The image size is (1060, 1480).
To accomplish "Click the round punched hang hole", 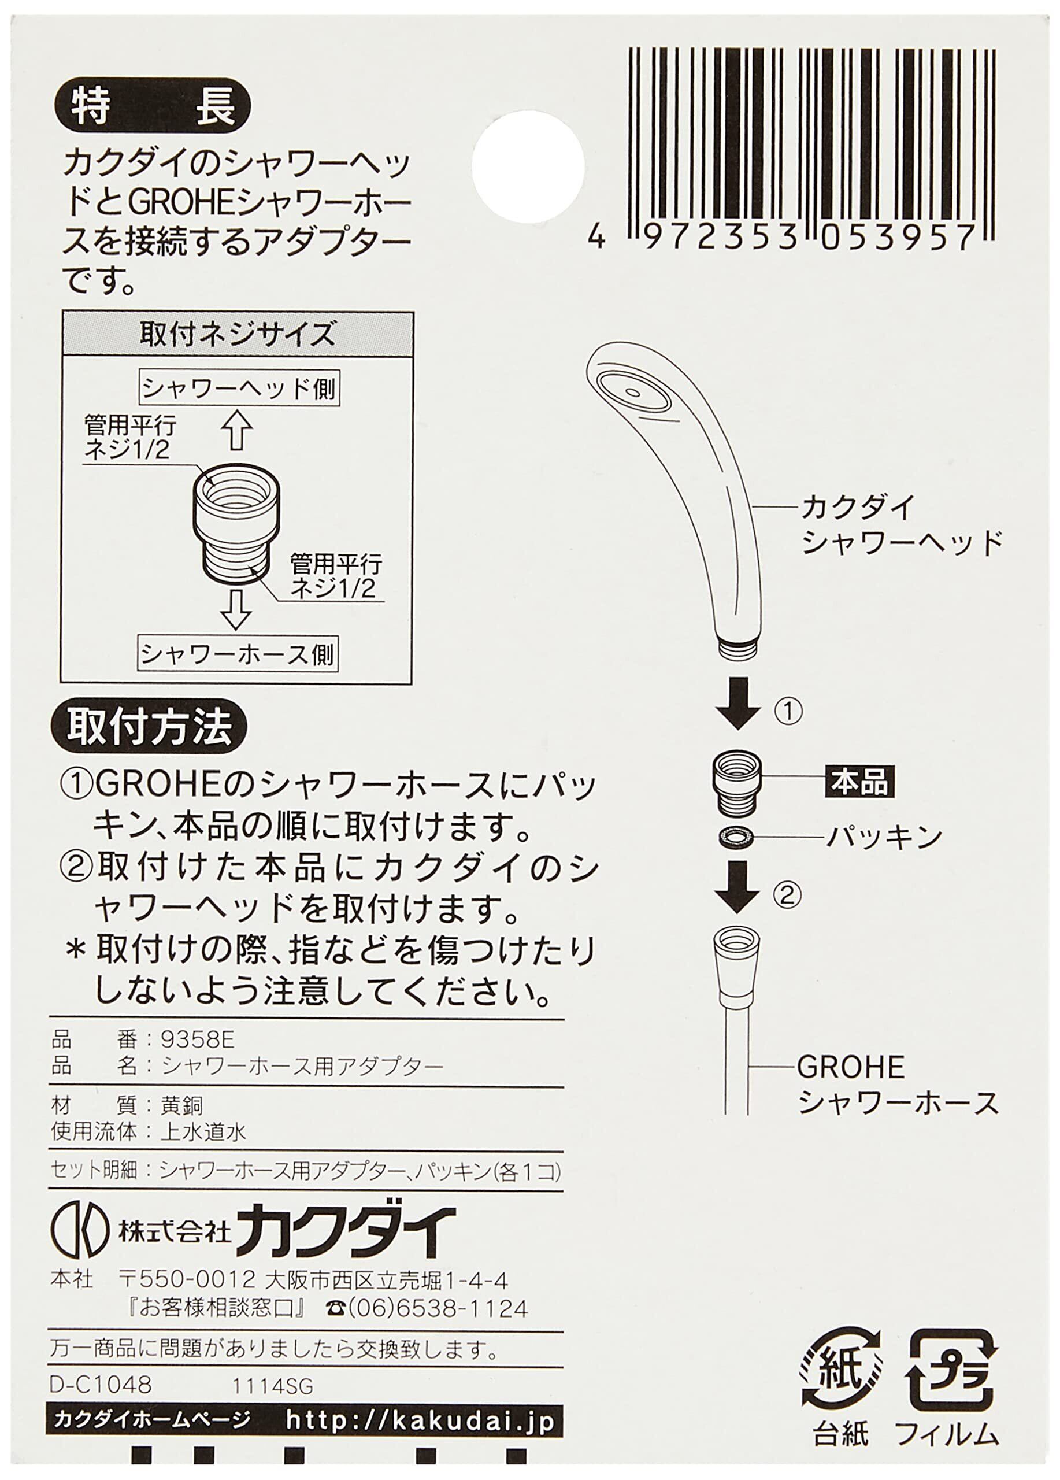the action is point(528,163).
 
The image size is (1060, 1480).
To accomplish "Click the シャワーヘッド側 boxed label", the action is point(239,390).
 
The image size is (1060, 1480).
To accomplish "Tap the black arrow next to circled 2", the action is point(737,887).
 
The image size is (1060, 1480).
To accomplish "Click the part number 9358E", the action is point(192,1039).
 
